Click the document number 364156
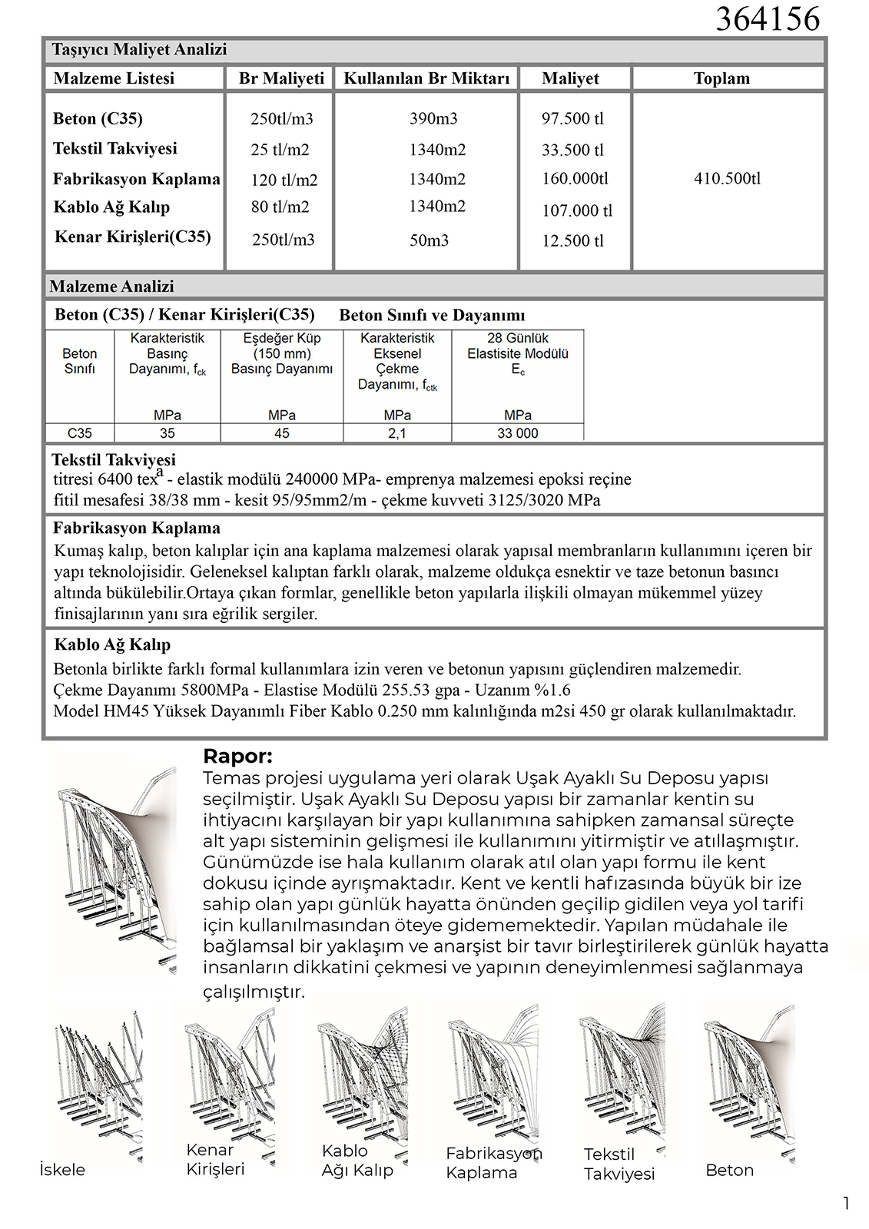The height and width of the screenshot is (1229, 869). [x=768, y=18]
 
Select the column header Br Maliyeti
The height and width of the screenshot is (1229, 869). [x=281, y=78]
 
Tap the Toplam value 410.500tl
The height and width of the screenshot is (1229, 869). [x=727, y=178]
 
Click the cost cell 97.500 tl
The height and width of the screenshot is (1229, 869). [x=572, y=118]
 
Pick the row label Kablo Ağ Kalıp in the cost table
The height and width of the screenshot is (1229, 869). [x=111, y=207]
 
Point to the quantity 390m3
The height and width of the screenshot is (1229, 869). [x=433, y=118]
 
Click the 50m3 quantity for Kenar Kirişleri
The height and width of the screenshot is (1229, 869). [x=429, y=240]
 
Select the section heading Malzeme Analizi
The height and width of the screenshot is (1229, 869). [x=112, y=287]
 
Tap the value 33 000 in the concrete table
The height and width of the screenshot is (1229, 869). [x=517, y=433]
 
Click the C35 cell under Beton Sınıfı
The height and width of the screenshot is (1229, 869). [x=79, y=433]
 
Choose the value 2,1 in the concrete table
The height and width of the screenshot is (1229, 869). [x=396, y=433]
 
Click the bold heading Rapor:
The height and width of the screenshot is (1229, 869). [x=237, y=757]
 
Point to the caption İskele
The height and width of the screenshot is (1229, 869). [x=62, y=1169]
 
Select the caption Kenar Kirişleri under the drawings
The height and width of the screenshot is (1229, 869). [x=215, y=1159]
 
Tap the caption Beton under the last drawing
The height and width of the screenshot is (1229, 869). [x=729, y=1170]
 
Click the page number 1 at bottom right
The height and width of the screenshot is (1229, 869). [x=846, y=1204]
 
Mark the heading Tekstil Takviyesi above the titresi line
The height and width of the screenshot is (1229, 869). [x=114, y=459]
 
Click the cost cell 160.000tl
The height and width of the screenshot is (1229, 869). [x=575, y=178]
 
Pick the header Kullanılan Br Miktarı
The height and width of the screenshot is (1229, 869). [x=426, y=78]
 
